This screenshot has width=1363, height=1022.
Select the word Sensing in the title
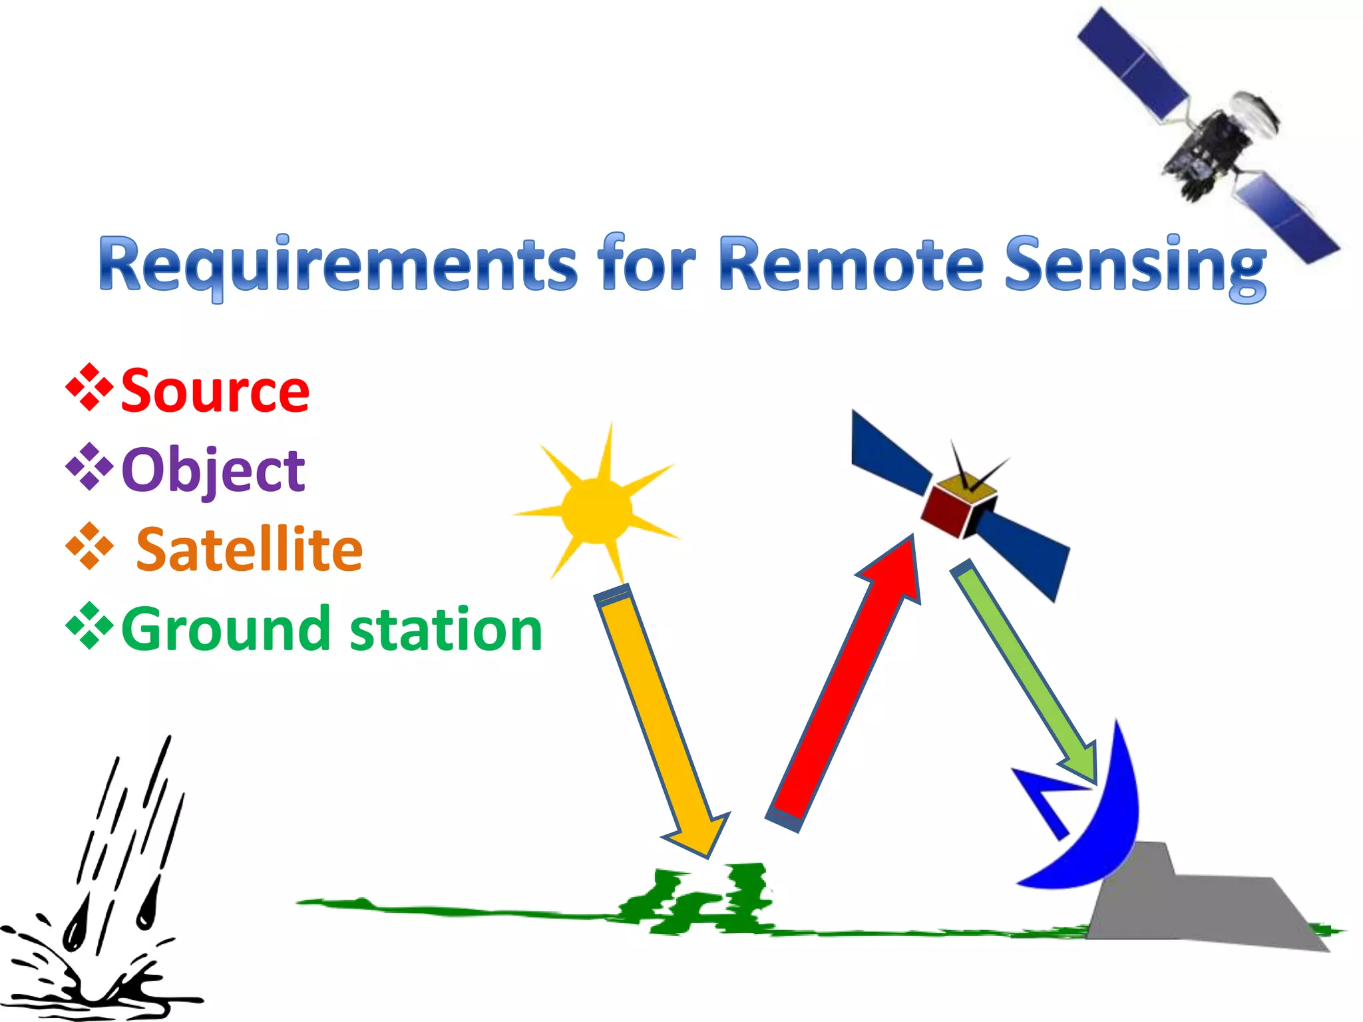pos(1135,266)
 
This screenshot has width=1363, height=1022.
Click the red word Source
pos(215,391)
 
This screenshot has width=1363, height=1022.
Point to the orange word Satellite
pos(249,550)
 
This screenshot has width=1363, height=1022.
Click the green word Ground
pos(225,629)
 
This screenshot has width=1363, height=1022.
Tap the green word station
pos(445,629)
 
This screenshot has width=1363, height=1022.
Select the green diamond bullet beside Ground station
pos(89,625)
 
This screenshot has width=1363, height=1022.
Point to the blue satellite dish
pos(1098,832)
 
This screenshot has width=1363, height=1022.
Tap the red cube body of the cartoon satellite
pos(944,511)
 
